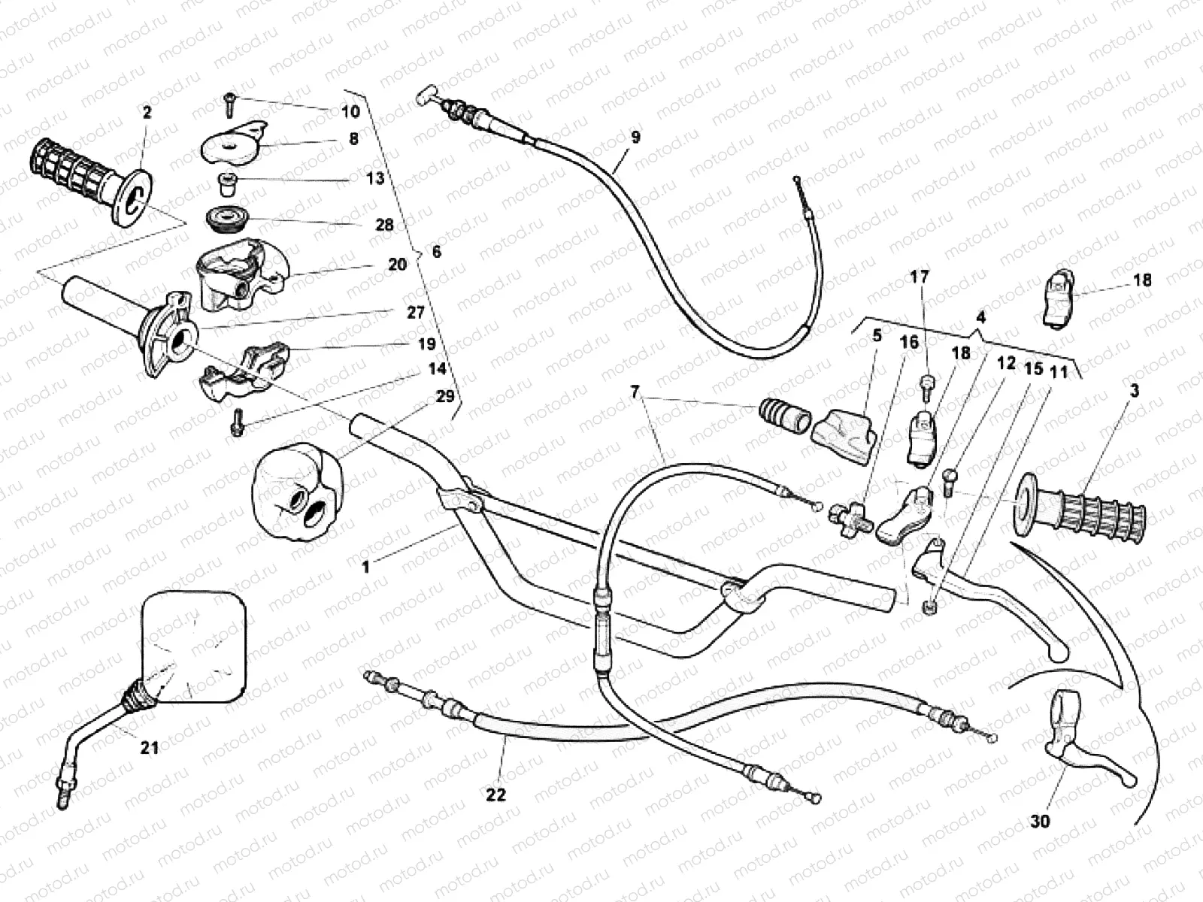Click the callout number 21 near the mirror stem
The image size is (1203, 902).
150,747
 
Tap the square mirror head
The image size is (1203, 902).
193,646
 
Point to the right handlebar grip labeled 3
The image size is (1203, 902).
1079,504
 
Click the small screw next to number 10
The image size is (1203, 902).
229,105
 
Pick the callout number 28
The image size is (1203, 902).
384,225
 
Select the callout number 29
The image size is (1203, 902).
445,396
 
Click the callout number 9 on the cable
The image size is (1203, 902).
635,137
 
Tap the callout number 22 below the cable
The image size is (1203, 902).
496,795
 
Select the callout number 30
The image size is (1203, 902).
1040,822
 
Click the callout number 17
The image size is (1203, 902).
920,277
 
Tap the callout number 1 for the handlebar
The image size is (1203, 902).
366,566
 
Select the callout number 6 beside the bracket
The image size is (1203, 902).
436,252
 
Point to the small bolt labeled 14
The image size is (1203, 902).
237,422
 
